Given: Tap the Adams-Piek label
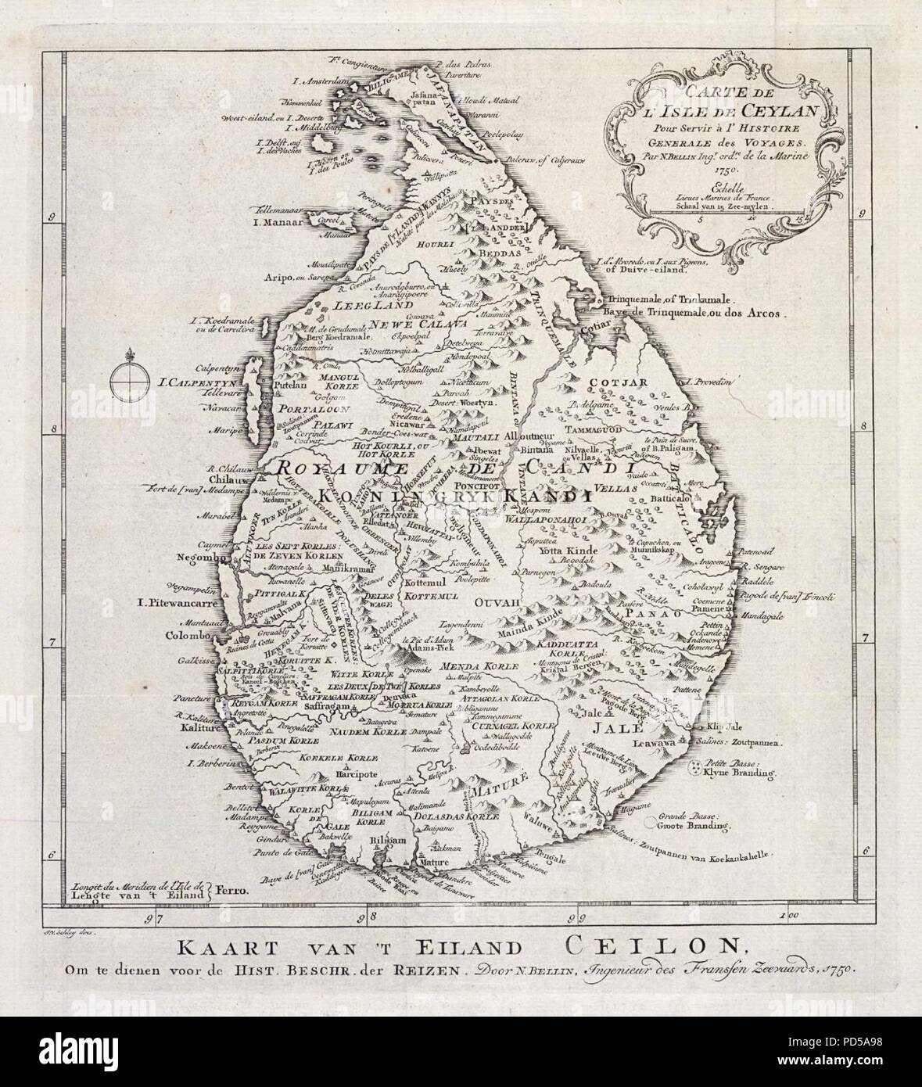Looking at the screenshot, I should pos(423,649).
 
